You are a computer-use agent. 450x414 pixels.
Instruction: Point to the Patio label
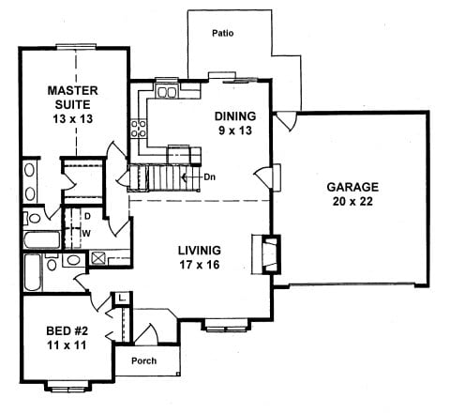pyautogui.click(x=222, y=34)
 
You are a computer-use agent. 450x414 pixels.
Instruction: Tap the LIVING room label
pyautogui.click(x=199, y=251)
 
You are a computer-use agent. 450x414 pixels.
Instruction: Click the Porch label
pyautogui.click(x=143, y=361)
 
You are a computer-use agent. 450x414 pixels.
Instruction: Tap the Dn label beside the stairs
pyautogui.click(x=210, y=176)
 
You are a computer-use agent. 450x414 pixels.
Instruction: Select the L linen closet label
pyautogui.click(x=124, y=298)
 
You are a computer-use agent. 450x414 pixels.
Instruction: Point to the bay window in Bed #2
pyautogui.click(x=67, y=388)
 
